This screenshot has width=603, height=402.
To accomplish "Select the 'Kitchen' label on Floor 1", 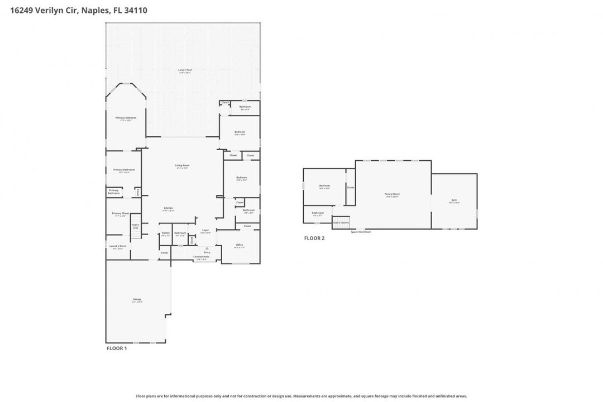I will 168,208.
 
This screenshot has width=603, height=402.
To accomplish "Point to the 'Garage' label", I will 137,300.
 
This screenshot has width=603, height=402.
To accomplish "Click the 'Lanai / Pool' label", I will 184,70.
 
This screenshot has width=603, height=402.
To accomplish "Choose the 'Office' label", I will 239,245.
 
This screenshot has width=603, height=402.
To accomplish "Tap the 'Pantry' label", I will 165,233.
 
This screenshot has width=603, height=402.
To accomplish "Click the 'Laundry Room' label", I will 118,246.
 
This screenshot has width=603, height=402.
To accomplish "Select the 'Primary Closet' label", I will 121,214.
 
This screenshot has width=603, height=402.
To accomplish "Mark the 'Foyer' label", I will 205,231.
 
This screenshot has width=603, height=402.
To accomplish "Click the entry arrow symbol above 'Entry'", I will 207,248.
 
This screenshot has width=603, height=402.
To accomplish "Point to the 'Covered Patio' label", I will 200,257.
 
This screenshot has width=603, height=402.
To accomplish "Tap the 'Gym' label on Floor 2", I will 454,200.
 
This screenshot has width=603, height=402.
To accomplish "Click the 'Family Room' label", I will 393,194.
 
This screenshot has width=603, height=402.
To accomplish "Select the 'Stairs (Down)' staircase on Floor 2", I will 341,222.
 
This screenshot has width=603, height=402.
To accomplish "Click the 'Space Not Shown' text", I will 361,232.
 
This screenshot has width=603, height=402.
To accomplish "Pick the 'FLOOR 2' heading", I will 314,238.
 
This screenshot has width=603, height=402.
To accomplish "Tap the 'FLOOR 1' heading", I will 117,348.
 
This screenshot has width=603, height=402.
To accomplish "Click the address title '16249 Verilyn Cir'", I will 42,10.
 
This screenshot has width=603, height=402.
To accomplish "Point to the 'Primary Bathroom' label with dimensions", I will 124,170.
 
